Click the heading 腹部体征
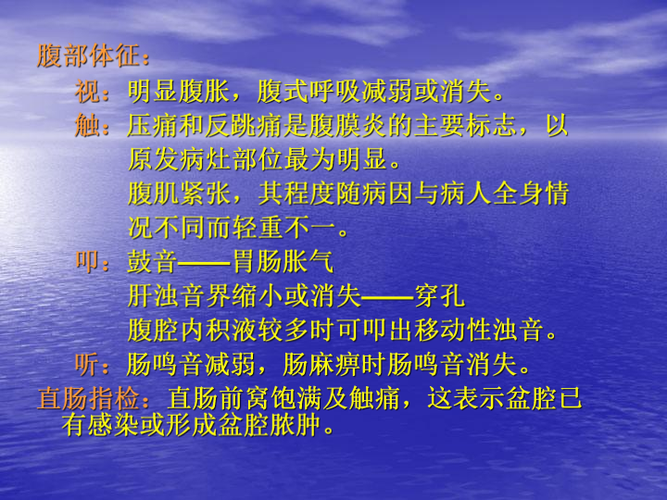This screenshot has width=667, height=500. click(88, 56)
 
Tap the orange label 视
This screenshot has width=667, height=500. click(88, 91)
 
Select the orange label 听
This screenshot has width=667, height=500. click(88, 365)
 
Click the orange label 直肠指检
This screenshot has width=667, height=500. click(88, 398)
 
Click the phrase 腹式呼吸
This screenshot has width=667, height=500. click(309, 91)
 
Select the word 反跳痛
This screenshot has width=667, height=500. click(244, 125)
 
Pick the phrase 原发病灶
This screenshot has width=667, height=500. click(179, 160)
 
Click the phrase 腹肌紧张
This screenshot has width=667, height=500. click(179, 194)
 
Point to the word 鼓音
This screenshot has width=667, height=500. click(152, 261)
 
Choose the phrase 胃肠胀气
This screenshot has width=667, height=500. click(283, 261)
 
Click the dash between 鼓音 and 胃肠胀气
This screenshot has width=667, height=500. click(205, 263)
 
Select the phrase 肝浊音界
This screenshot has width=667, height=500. click(179, 296)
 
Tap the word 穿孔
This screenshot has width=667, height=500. click(440, 296)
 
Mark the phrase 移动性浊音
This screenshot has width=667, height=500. click(480, 331)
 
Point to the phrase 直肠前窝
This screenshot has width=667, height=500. click(218, 398)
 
